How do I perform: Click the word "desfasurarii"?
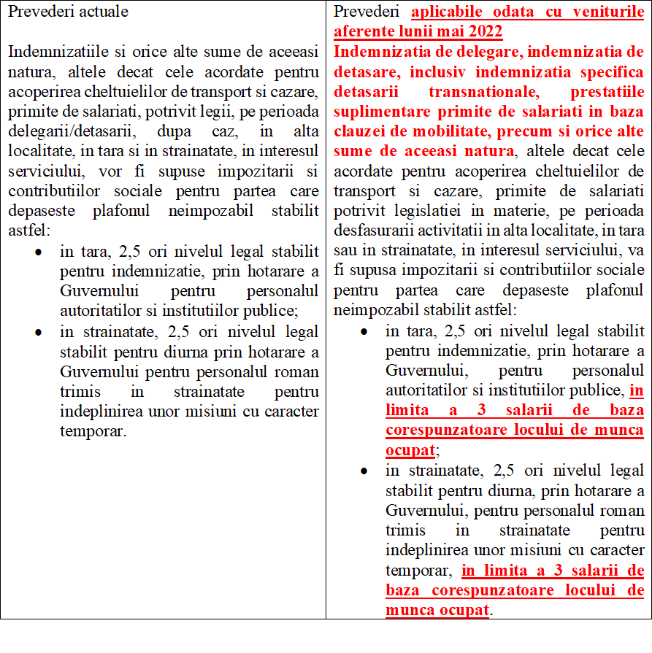(x=372, y=231)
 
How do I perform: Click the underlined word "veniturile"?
(x=607, y=12)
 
